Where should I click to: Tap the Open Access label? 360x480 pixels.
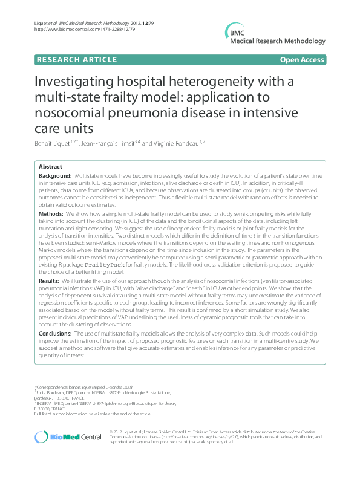coord(302,59)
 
